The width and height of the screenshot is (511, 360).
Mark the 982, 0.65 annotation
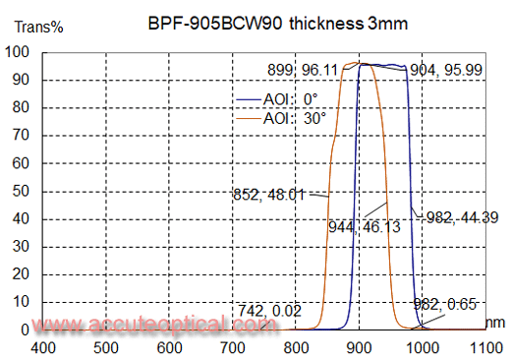[x=451, y=303]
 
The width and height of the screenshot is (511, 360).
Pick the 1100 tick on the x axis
[x=484, y=346]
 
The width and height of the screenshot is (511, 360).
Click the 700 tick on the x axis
[x=233, y=346]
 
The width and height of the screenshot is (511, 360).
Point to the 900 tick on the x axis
[x=359, y=346]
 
